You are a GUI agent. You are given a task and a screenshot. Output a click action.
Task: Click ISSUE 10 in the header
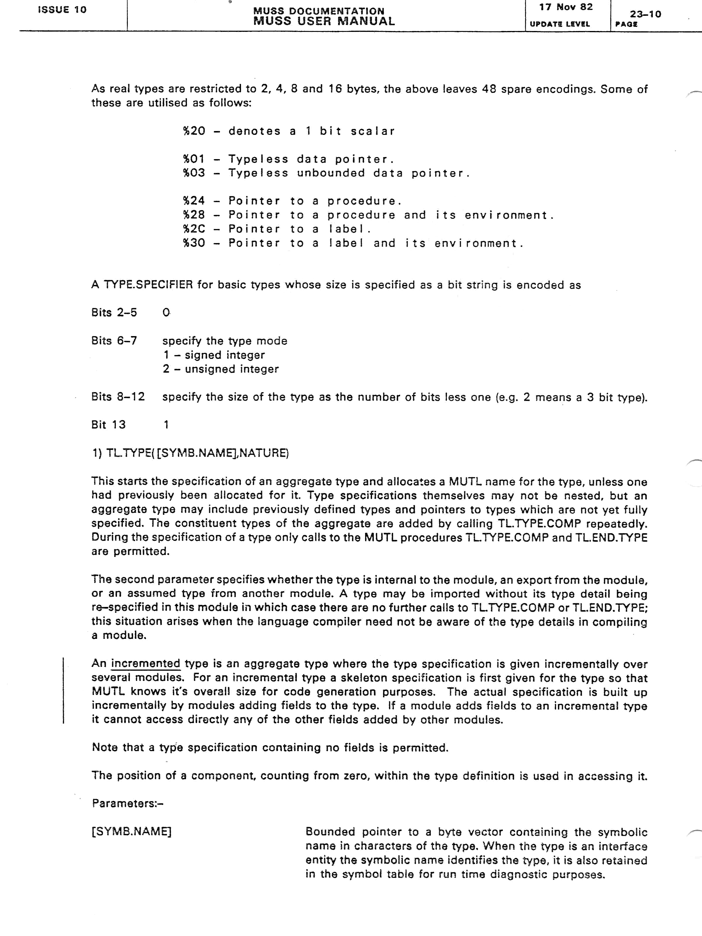pyautogui.click(x=62, y=10)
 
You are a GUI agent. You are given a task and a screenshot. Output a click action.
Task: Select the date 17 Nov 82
pyautogui.click(x=566, y=7)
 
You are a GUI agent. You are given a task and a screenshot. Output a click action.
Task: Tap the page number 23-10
pyautogui.click(x=645, y=14)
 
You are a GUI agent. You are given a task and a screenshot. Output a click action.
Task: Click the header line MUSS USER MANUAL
pyautogui.click(x=324, y=21)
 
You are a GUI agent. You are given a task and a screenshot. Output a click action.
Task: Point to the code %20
pyautogui.click(x=194, y=131)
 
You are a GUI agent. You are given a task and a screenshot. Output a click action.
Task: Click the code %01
pyautogui.click(x=194, y=159)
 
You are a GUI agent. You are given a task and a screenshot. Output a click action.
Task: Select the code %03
pyautogui.click(x=194, y=173)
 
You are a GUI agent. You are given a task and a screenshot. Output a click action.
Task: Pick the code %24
pyautogui.click(x=194, y=201)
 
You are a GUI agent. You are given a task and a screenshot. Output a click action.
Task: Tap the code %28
pyautogui.click(x=194, y=215)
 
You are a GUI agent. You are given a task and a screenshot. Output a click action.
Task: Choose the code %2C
pyautogui.click(x=194, y=229)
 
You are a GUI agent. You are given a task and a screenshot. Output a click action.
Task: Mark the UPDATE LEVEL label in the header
pyautogui.click(x=559, y=24)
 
